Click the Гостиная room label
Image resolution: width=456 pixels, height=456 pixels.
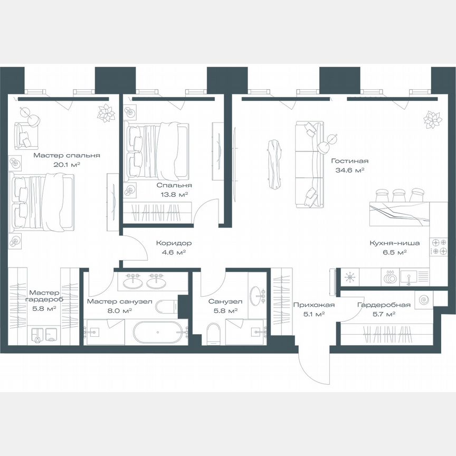click(x=349, y=161)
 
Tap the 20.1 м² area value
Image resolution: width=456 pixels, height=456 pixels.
click(x=67, y=165)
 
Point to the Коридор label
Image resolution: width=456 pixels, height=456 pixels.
click(x=174, y=243)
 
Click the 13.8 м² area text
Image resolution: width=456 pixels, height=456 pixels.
click(x=174, y=194)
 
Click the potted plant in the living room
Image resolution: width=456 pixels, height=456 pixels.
click(x=433, y=119)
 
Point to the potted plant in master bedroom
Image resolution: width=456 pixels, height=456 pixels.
click(x=107, y=112)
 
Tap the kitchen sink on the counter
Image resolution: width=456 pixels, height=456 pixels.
click(x=409, y=276)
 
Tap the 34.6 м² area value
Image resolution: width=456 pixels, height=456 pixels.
click(x=350, y=170)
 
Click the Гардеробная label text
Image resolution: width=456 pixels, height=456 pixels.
click(x=376, y=305)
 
